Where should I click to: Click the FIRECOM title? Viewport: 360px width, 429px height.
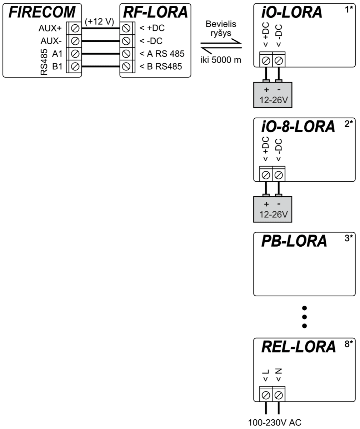42,13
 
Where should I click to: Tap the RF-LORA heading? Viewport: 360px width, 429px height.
155,13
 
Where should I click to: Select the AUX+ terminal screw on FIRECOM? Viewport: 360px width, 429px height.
75,28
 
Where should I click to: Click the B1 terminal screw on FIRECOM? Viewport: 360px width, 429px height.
75,66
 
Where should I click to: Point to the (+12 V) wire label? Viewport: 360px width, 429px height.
99,21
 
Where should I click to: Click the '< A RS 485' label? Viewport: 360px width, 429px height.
162,54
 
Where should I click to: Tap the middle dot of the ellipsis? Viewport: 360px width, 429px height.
305,317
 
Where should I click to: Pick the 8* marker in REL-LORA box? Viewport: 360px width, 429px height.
349,344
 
